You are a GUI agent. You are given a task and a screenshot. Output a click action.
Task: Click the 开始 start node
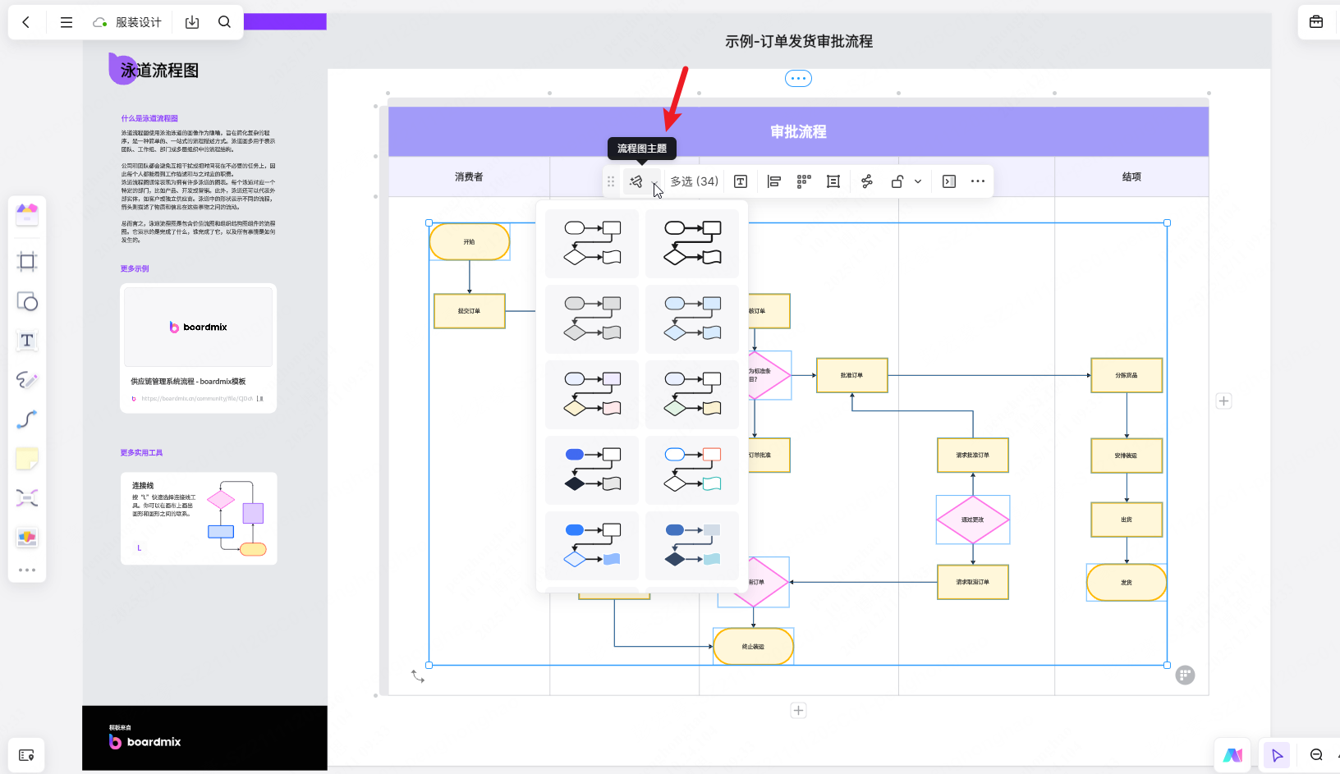click(470, 242)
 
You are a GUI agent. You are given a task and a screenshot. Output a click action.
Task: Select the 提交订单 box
click(470, 311)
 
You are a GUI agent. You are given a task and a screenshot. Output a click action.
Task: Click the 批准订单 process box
click(851, 375)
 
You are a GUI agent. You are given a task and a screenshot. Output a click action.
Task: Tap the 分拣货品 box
click(1127, 375)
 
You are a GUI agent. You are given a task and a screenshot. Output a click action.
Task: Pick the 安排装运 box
click(1127, 456)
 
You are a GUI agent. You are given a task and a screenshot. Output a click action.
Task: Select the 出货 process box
click(1127, 520)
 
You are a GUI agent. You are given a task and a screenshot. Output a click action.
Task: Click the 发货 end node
click(1127, 582)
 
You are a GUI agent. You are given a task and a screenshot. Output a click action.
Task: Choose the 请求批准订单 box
click(972, 456)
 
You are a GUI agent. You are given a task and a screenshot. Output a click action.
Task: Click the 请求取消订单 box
click(972, 582)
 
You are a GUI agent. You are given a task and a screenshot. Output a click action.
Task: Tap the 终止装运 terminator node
click(753, 647)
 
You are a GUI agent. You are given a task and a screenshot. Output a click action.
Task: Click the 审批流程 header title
click(798, 132)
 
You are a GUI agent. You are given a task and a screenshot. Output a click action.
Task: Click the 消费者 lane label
click(469, 177)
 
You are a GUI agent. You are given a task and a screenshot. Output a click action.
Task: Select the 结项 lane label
click(1131, 177)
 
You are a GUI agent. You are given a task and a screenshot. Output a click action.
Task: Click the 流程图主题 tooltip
click(642, 149)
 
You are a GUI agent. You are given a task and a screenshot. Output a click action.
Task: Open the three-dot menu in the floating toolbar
click(977, 181)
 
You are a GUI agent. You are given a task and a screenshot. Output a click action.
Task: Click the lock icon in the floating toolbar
click(897, 181)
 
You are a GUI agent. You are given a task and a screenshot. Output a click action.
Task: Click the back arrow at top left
click(26, 22)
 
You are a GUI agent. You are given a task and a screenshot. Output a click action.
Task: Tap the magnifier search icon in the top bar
click(224, 22)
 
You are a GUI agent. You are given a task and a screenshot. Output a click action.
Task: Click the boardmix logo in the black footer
click(145, 742)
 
